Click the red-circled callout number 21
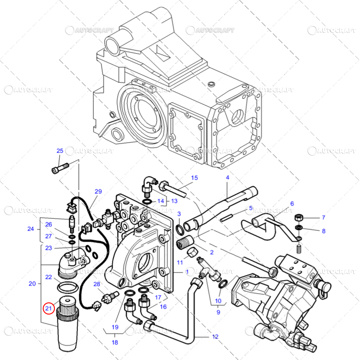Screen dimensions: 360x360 coord(48,309)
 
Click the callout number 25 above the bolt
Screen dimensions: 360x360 coord(60,151)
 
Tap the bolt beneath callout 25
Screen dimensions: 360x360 coord(58,168)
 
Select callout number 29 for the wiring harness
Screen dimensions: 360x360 coord(98,191)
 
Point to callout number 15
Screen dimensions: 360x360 coord(194,178)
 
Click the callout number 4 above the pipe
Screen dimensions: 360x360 coord(227,178)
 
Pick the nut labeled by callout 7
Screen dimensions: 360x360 coord(298,218)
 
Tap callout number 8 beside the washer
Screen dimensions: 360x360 coord(323,231)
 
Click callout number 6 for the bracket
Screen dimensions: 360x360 coord(292,203)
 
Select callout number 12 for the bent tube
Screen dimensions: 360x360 coord(215,336)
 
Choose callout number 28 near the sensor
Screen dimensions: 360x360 coord(96,284)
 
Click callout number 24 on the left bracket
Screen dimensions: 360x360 coord(31,229)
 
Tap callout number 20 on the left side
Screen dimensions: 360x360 coord(32,283)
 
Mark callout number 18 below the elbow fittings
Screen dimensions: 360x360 coord(115,342)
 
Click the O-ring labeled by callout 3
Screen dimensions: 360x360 coord(180,229)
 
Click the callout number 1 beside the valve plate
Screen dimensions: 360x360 coord(187,272)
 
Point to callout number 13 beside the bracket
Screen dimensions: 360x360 coord(174,201)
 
